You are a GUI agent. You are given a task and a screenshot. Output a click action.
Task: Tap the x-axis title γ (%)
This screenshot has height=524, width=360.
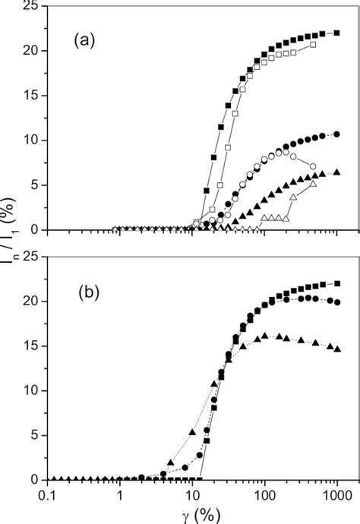tap(189, 514)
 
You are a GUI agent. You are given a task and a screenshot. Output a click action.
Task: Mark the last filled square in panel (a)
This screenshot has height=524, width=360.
tap(336, 33)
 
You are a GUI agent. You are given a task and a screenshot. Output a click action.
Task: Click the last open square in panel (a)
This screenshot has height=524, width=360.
tap(313, 44)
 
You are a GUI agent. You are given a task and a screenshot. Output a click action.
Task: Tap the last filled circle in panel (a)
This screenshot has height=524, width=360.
tap(336, 134)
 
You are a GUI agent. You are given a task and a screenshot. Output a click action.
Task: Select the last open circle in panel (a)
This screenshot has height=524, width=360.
tap(313, 166)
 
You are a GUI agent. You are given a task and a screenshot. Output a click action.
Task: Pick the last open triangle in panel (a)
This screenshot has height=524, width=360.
tap(314, 184)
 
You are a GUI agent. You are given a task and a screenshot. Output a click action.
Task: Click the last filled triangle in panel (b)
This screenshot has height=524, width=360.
tap(336, 349)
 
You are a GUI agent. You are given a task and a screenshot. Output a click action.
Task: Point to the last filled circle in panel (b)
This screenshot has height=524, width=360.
tap(336, 302)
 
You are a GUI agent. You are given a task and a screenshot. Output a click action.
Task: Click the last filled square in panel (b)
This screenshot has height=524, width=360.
tap(336, 283)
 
